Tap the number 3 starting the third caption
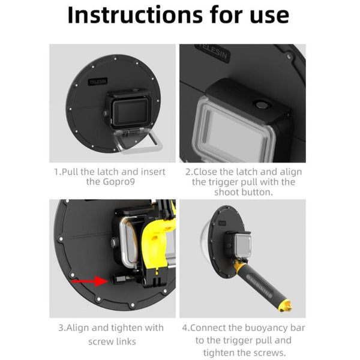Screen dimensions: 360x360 coord(61,328)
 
